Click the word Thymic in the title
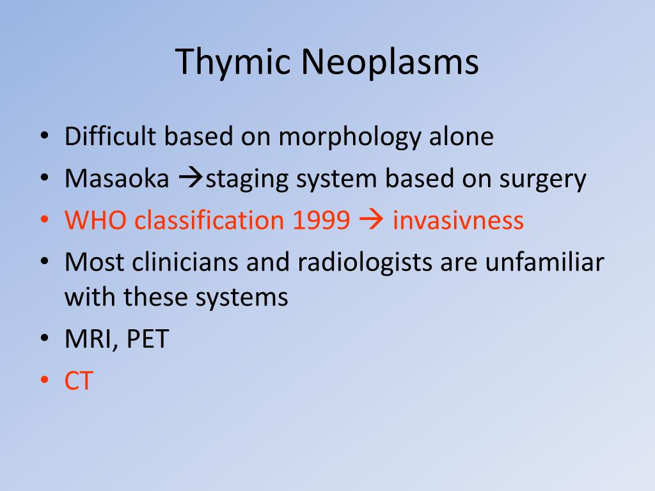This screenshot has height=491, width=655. click(233, 63)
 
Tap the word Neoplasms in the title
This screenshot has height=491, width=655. click(390, 63)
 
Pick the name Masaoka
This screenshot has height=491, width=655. click(117, 178)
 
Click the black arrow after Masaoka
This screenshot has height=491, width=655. click(191, 179)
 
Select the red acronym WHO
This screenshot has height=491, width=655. click(95, 220)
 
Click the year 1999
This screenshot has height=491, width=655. click(321, 220)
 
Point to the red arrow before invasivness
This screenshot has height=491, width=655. click(371, 220)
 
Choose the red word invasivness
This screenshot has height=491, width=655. click(458, 220)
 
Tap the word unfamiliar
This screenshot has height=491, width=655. click(545, 261)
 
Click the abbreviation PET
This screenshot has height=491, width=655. click(148, 338)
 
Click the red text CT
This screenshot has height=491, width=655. click(79, 380)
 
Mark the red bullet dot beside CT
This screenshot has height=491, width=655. click(45, 380)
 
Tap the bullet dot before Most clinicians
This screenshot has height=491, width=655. click(45, 261)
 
